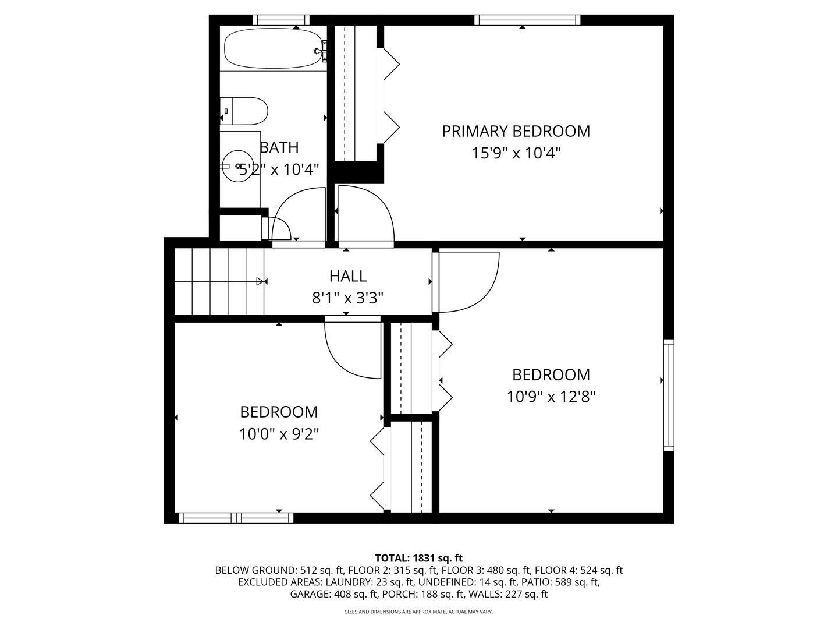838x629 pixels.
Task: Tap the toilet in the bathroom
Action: [244, 111]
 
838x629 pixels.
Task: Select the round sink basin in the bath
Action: [238, 166]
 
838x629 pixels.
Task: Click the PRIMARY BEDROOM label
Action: [516, 132]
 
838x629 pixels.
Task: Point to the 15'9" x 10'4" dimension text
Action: [516, 154]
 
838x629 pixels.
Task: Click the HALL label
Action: [348, 276]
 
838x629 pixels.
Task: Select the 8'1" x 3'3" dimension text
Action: [347, 298]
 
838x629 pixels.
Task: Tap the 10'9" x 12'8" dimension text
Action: [551, 397]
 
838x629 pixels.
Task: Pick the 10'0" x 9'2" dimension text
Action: [279, 434]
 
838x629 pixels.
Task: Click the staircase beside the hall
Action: [219, 281]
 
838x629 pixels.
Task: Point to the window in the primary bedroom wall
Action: [527, 20]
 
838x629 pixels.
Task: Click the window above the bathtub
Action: [281, 20]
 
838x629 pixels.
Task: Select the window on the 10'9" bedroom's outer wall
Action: [669, 395]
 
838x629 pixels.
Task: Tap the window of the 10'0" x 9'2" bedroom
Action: [236, 518]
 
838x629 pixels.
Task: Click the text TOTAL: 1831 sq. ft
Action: [419, 558]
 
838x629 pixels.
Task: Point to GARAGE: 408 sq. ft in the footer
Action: [335, 594]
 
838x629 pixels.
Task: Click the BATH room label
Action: [279, 147]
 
